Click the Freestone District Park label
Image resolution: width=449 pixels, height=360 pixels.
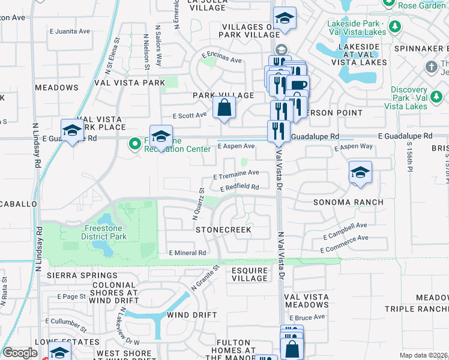click(104, 232)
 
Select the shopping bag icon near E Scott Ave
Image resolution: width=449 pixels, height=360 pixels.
click(224, 109)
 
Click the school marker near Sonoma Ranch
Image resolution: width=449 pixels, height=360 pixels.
click(360, 173)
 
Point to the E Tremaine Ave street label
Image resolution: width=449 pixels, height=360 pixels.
click(237, 173)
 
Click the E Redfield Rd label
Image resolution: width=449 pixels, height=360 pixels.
click(239, 188)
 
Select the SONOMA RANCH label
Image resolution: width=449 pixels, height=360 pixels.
click(348, 203)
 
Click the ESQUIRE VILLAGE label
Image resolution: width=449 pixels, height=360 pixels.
click(249, 274)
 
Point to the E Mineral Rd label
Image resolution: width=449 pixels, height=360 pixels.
click(188, 253)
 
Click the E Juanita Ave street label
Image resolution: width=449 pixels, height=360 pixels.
click(72, 31)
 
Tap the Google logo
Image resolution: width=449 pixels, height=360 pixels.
click(20, 353)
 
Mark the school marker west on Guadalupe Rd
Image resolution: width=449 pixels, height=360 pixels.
click(72, 131)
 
